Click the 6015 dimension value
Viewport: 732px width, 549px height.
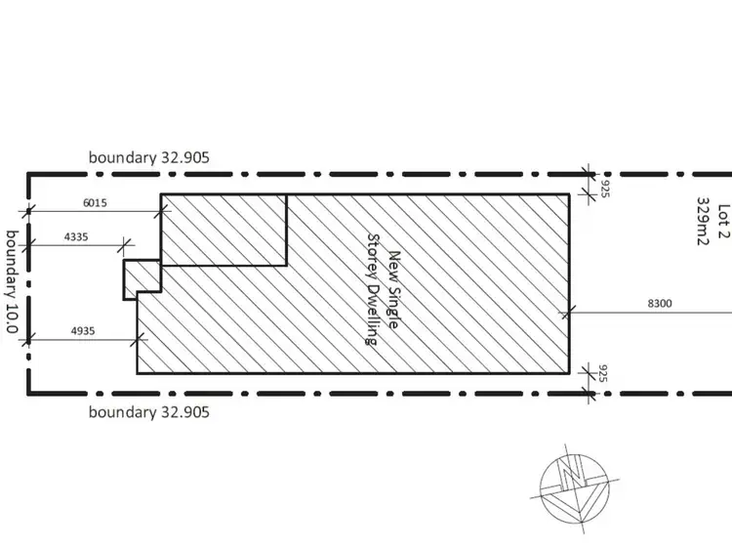[95, 203]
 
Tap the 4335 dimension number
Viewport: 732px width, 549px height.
[75, 236]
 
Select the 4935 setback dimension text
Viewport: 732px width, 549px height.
[83, 331]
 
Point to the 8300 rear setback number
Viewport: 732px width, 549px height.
[660, 303]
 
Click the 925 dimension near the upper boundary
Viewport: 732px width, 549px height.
[605, 189]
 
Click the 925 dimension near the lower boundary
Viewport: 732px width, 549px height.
[603, 373]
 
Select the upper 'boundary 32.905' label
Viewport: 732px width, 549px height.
[149, 157]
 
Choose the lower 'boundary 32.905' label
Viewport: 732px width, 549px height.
[149, 412]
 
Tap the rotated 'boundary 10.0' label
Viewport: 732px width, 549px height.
[12, 281]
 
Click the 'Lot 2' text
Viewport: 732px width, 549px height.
[722, 222]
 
